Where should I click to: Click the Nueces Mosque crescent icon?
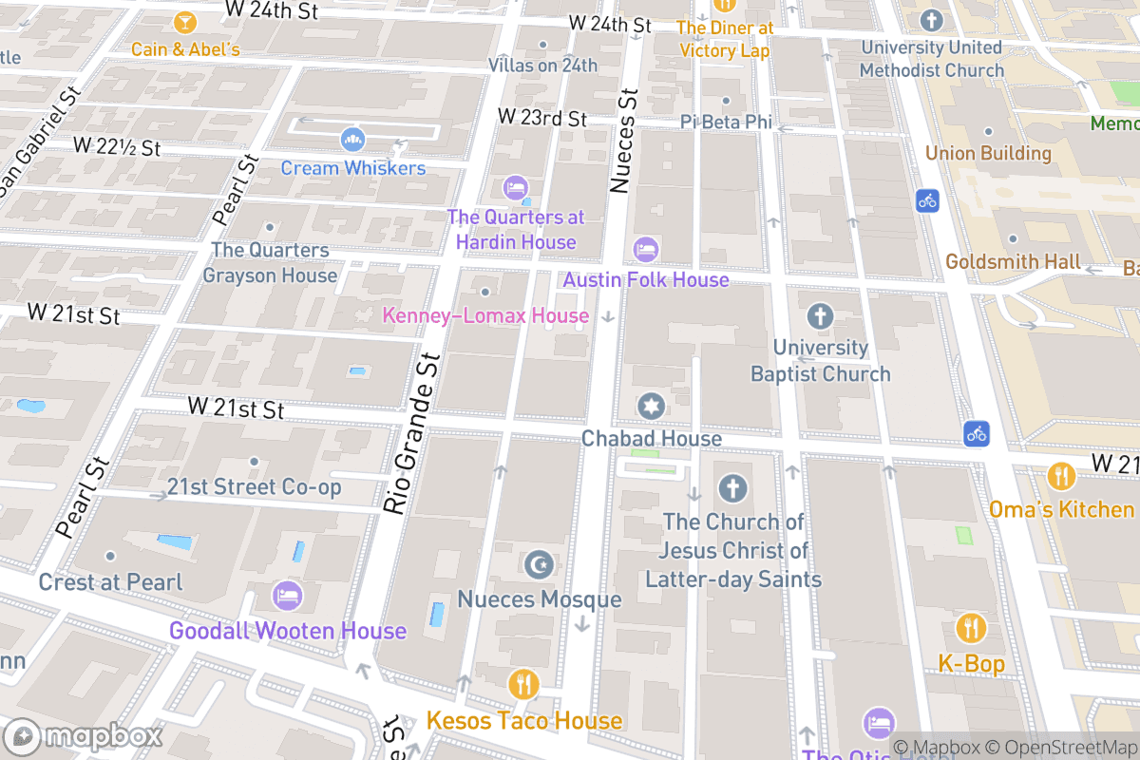(539, 565)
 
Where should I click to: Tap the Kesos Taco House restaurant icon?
(523, 684)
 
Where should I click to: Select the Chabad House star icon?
(651, 407)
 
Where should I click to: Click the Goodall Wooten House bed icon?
(287, 597)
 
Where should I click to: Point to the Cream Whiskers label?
(352, 168)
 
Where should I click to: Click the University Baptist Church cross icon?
(819, 315)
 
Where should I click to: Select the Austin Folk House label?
(646, 279)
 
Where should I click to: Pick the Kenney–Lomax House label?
(485, 315)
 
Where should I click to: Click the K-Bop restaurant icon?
(970, 629)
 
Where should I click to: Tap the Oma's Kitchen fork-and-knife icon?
(1060, 476)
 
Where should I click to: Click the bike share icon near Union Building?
(928, 200)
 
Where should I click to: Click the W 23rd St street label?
(542, 118)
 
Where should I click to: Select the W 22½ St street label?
(117, 147)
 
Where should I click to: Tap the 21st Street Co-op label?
(254, 487)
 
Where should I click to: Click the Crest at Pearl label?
(110, 581)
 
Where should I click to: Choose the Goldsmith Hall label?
(1013, 261)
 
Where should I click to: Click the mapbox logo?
(85, 736)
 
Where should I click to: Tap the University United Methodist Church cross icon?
(931, 20)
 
